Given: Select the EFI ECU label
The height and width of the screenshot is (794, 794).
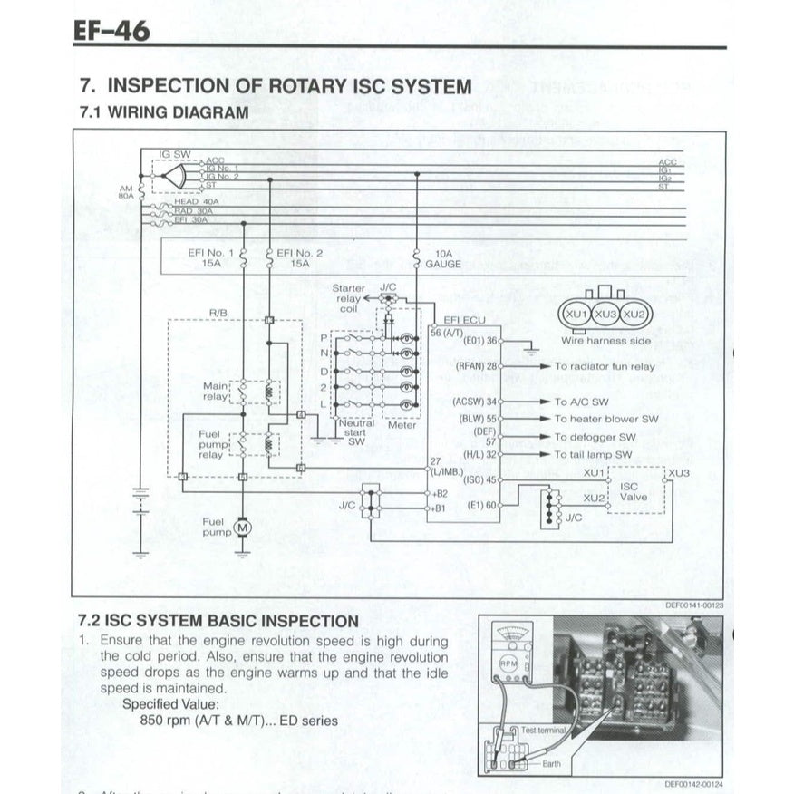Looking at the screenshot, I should tap(465, 320).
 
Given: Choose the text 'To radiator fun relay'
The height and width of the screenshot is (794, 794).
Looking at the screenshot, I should tap(605, 366).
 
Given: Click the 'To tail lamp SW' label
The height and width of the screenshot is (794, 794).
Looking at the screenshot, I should tap(593, 454).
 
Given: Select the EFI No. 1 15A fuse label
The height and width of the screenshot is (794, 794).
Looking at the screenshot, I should tap(213, 258).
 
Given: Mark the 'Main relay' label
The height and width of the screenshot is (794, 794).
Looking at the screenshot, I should tap(215, 391).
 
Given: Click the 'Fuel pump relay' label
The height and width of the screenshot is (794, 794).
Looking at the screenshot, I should tap(210, 444).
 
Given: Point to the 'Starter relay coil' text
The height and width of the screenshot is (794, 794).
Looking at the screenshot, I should tap(348, 298).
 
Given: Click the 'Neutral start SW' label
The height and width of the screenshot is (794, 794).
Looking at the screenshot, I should tap(355, 433).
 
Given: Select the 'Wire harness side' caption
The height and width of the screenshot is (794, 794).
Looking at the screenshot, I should tap(605, 342).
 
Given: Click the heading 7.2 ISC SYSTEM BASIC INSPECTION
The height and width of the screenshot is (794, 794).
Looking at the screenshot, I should tap(218, 621).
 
